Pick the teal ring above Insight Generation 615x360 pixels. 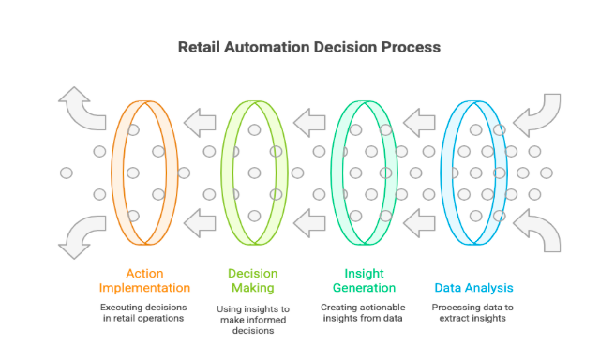tap(340, 172)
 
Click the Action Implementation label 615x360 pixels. tap(144, 280)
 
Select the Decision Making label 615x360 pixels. tap(253, 280)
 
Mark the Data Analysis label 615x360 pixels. tap(472, 288)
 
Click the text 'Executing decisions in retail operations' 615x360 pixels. tap(144, 313)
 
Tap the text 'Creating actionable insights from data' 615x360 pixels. tap(362, 313)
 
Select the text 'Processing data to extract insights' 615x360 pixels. tap(472, 313)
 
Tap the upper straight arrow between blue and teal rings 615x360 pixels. tap(418, 121)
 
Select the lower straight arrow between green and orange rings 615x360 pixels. tap(199, 222)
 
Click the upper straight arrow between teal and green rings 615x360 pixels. tap(308, 121)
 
